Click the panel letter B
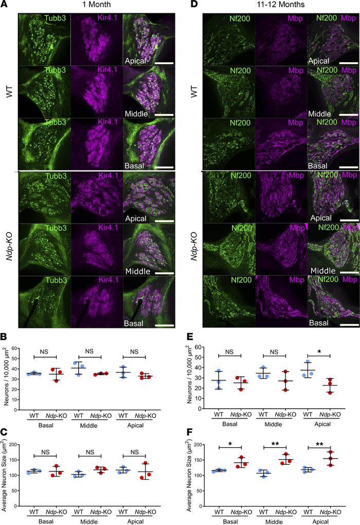click(x=5, y=336)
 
